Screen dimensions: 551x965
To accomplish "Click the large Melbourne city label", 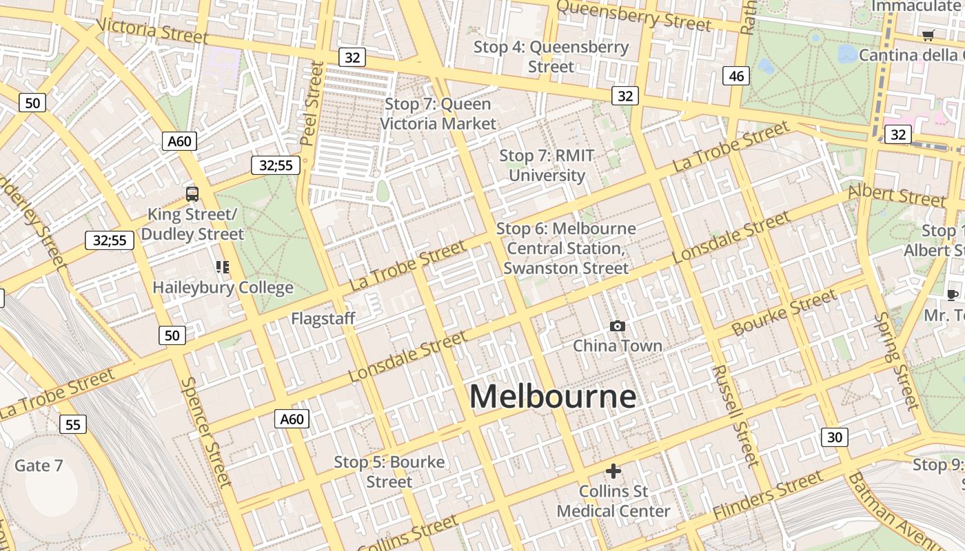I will [x=552, y=397].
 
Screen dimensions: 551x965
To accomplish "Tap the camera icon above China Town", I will [x=618, y=326].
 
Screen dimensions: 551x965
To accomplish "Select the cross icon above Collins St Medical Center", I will [x=613, y=471].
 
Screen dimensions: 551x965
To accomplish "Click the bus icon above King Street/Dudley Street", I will [x=192, y=194].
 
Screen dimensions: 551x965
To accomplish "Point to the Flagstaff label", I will [x=323, y=319].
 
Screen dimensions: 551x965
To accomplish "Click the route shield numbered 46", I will [x=736, y=76].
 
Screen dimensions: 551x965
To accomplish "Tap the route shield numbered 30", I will [x=835, y=437].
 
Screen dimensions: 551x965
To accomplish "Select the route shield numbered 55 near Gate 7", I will [x=72, y=424].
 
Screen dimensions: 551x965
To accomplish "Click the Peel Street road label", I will [x=312, y=103].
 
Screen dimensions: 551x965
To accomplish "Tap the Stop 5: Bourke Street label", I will [x=389, y=472].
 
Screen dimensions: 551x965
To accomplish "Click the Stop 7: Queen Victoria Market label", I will [x=438, y=114].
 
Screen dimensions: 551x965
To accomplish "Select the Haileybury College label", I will [x=223, y=288].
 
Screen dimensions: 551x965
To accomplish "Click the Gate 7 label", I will [x=39, y=466].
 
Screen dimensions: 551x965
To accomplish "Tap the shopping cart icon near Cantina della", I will [x=928, y=35].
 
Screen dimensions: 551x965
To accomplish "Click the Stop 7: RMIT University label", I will [x=547, y=165].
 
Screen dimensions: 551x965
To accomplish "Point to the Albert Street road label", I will [x=897, y=196].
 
